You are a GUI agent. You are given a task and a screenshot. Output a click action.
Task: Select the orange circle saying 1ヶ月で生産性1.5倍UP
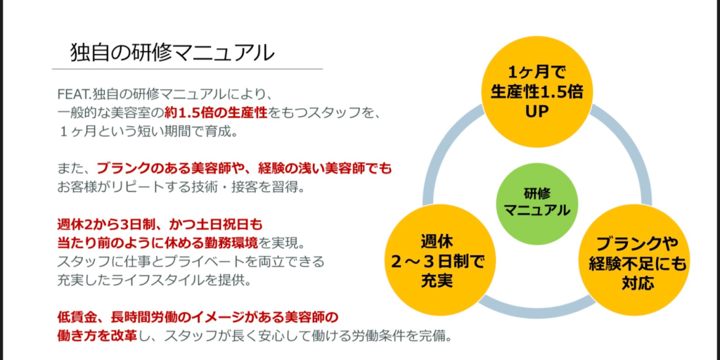point(536,91)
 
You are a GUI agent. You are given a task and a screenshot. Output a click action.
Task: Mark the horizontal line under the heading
point(187,69)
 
